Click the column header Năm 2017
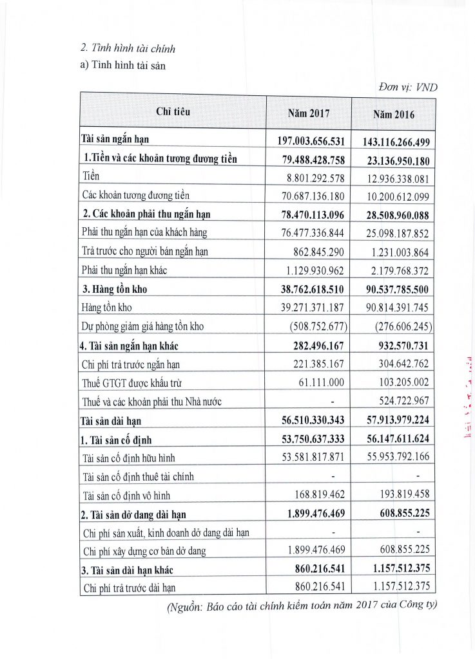(308, 113)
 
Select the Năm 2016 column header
(394, 114)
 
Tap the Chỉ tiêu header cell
(173, 111)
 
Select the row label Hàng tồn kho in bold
(114, 289)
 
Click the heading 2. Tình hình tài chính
(128, 48)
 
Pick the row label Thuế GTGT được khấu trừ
(131, 383)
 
